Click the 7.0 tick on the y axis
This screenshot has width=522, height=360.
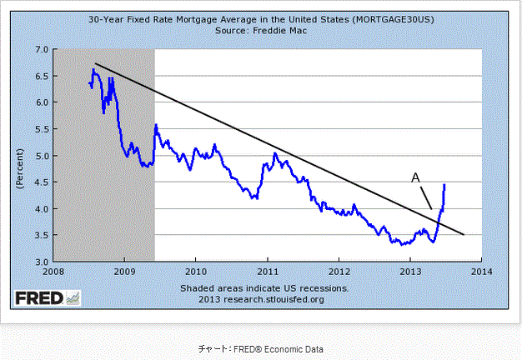pos(41,50)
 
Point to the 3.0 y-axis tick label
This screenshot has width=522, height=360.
pos(41,262)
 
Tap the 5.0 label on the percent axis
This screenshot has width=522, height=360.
pos(41,156)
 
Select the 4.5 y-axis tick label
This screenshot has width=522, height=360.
pos(41,182)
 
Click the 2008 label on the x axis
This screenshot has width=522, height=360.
pos(53,272)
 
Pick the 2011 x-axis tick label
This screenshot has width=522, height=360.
pos(268,272)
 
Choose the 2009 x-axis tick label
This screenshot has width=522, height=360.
pos(124,272)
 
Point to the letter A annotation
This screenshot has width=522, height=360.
pos(415,177)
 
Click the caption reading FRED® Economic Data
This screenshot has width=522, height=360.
pos(261,348)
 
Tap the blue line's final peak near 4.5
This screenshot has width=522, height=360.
pos(444,185)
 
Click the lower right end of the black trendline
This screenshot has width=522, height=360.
pos(463,234)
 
